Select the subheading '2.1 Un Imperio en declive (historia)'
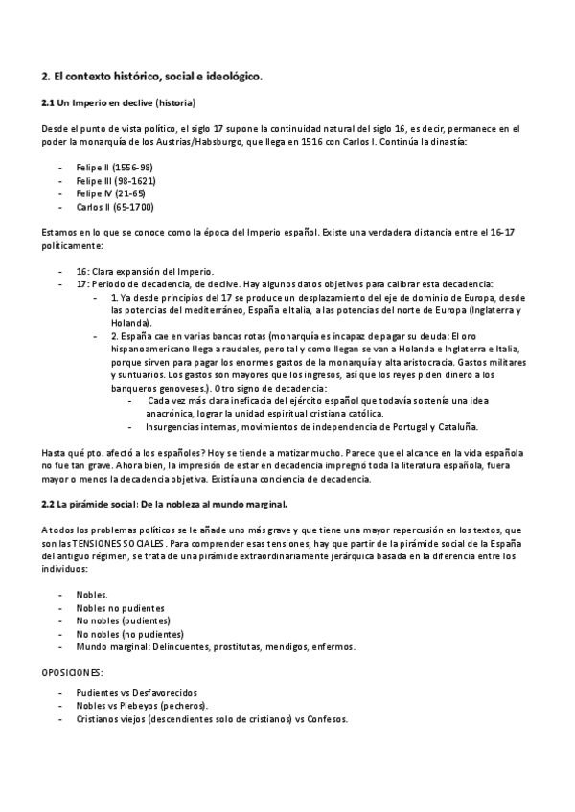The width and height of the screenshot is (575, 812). (120, 102)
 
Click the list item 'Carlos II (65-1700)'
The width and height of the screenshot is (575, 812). (115, 207)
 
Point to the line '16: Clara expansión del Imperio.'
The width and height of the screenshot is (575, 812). (145, 271)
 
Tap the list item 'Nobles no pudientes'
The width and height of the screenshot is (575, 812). (120, 607)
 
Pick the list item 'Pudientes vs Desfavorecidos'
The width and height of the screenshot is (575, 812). (137, 692)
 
